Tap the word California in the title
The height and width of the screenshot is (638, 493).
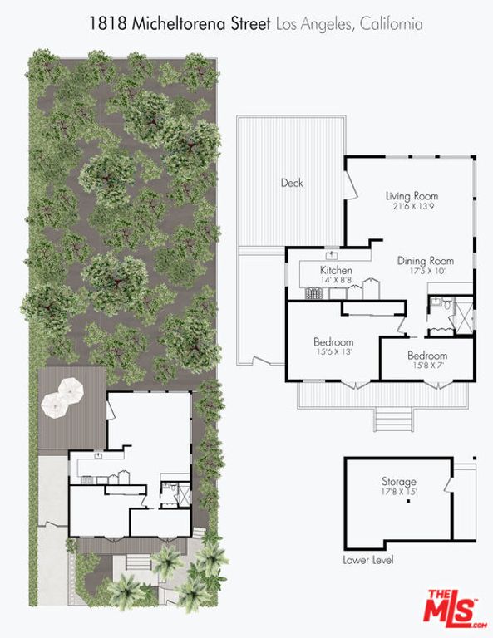point(389,24)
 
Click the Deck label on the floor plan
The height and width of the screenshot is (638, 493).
point(291,183)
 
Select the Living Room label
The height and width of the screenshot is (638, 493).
point(412,196)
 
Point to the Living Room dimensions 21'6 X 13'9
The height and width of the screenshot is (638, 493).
point(412,207)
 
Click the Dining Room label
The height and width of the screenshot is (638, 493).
point(425,259)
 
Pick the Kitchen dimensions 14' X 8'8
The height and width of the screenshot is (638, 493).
point(336,281)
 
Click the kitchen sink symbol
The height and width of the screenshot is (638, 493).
point(331,255)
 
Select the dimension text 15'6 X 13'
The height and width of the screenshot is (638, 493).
point(333,352)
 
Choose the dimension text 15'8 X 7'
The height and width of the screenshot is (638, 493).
point(427,366)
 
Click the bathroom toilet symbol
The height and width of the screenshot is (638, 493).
point(447,306)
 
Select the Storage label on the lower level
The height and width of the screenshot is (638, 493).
point(399,482)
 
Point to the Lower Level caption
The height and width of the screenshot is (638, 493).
point(368,560)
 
